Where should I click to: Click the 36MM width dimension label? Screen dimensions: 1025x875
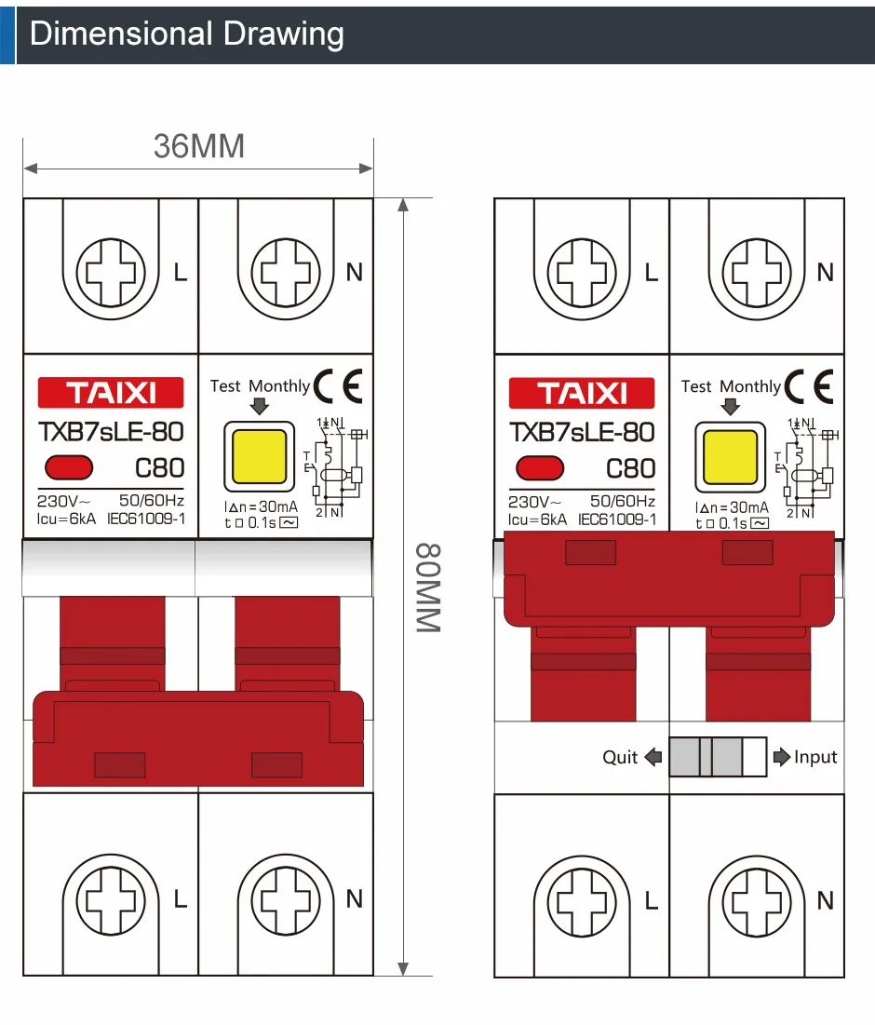[198, 146]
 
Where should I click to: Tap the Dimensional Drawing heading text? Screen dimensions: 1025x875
[187, 34]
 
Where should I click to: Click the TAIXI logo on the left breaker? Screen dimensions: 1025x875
[111, 393]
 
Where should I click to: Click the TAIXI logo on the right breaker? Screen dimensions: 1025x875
[582, 393]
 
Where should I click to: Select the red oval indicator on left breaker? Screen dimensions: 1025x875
[68, 466]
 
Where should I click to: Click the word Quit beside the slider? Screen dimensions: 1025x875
[620, 757]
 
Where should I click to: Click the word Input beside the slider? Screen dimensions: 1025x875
[815, 757]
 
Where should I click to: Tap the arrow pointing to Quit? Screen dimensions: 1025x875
[653, 757]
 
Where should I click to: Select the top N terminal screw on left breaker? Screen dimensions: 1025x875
[286, 273]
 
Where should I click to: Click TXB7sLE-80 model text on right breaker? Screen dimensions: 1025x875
[582, 432]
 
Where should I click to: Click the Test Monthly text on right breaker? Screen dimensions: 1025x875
[731, 385]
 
